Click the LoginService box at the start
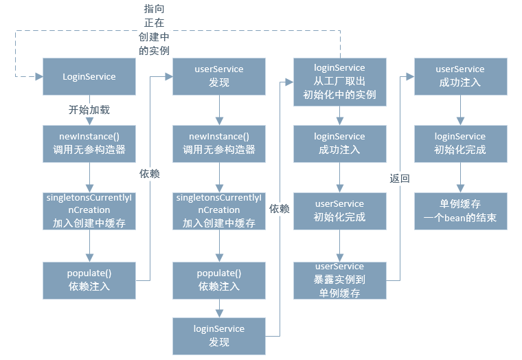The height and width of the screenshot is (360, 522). [89, 76]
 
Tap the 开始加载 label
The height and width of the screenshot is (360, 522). [89, 109]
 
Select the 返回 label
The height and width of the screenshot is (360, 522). [400, 179]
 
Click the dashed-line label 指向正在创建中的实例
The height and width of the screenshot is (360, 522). [154, 30]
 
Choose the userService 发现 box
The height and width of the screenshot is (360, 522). [218, 76]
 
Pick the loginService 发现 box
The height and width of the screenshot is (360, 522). [218, 335]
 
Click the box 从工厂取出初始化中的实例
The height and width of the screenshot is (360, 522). [339, 81]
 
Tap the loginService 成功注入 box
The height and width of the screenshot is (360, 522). [339, 143]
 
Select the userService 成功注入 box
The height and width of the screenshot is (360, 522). [460, 76]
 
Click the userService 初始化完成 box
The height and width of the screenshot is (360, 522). [339, 210]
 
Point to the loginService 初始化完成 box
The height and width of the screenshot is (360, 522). [460, 143]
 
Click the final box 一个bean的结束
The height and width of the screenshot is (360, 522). [460, 210]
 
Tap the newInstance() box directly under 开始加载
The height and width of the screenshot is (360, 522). [89, 143]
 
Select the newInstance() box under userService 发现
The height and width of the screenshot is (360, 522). [218, 143]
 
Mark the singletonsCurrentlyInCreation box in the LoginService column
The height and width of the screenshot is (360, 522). [89, 210]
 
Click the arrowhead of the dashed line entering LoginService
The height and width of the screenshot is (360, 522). [38, 76]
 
